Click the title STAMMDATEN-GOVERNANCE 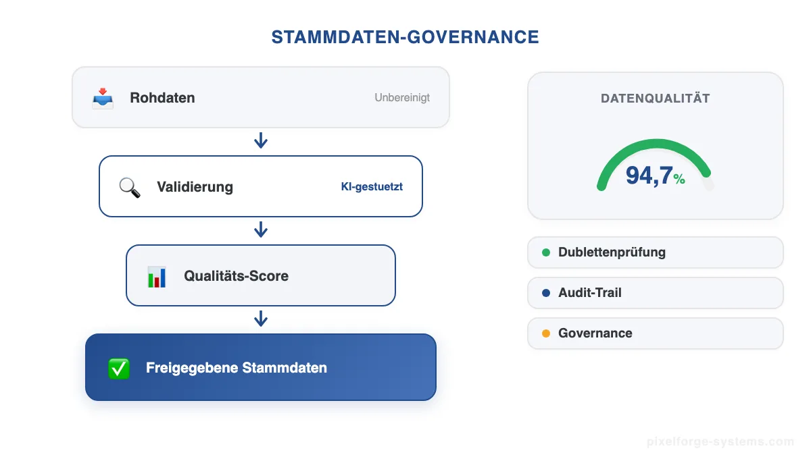tap(405, 37)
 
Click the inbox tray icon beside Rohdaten tap(103, 98)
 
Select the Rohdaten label tap(162, 98)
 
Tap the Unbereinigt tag tap(402, 98)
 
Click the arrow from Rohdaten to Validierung tap(261, 140)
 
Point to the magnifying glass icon tap(130, 187)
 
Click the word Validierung tap(195, 187)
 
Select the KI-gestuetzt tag tap(372, 187)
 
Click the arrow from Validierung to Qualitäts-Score tap(261, 230)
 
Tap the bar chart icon tap(157, 276)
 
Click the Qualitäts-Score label tap(236, 276)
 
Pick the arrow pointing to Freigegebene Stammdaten tap(261, 319)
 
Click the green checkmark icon tap(119, 368)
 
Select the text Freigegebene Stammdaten tap(236, 368)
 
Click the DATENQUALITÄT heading tap(655, 99)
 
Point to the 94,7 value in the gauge tap(649, 175)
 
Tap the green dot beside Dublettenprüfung tap(546, 252)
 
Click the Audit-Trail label tap(589, 293)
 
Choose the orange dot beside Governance tap(546, 333)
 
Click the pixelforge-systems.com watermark tap(720, 442)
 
